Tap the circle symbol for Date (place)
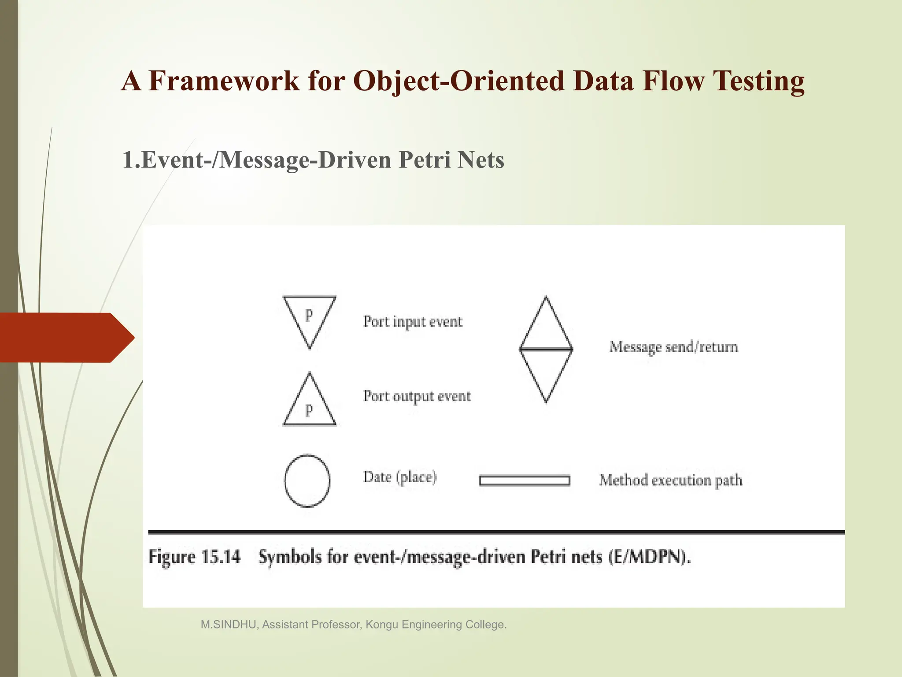[x=307, y=480]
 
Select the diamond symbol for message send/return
[x=546, y=349]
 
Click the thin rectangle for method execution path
[x=525, y=480]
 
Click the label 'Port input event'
[x=413, y=322]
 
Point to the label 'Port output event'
[x=417, y=396]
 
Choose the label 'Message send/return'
[x=673, y=347]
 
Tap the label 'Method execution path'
[x=670, y=480]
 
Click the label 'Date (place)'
[x=400, y=477]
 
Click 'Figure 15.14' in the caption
[x=195, y=557]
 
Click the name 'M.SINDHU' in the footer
[x=229, y=625]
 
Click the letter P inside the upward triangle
[x=309, y=411]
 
